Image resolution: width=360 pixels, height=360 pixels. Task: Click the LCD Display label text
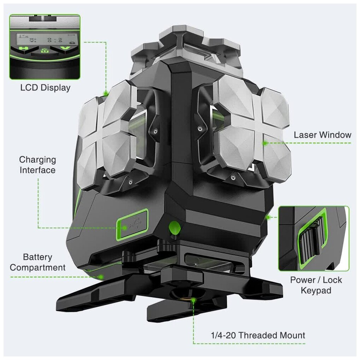point(45,88)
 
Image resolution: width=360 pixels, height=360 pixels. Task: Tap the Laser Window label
point(323,135)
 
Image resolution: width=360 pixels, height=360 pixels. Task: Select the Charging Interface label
point(37,165)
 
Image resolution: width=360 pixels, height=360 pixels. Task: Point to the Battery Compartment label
point(37,262)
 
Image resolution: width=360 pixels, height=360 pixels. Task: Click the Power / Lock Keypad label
point(316,285)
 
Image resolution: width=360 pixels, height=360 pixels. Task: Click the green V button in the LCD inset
point(65,48)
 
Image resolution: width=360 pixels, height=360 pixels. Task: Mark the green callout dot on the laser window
point(264,143)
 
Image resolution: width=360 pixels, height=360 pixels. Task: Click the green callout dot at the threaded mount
point(193,300)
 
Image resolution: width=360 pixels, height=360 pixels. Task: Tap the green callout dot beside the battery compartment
point(101,277)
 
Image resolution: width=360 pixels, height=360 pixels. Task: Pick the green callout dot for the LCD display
point(106,94)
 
